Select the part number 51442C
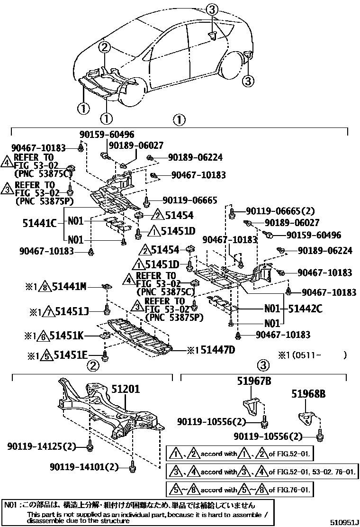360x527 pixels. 306,309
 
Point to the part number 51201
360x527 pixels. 126,389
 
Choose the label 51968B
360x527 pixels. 308,393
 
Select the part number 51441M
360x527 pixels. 69,286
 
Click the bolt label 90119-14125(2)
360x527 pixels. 42,446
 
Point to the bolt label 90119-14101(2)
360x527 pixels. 84,467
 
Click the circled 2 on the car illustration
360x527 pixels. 105,46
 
